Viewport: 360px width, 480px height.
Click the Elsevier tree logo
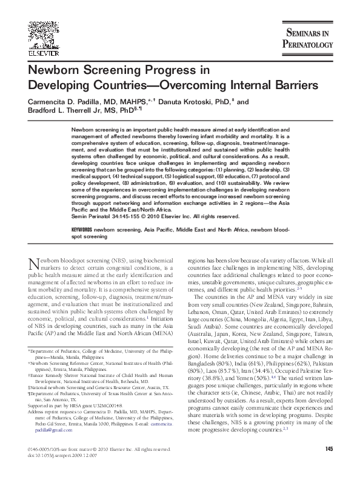[27, 30]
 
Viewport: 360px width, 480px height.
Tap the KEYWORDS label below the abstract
[83, 231]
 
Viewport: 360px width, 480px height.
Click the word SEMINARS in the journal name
[312, 33]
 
